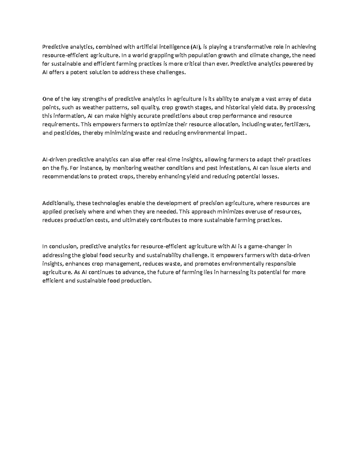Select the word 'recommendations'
click(65, 177)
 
